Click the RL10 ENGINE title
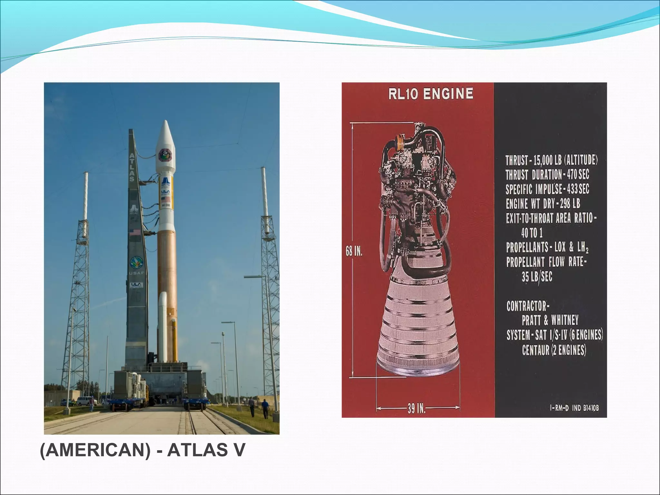431,94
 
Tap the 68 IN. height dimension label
354,251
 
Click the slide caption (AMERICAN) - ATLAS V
142,450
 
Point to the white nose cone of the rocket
165,135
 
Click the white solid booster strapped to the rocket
162,325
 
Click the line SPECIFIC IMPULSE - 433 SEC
547,189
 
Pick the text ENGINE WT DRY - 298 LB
543,204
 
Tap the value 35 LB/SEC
537,277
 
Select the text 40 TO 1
532,232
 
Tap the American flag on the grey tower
135,232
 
